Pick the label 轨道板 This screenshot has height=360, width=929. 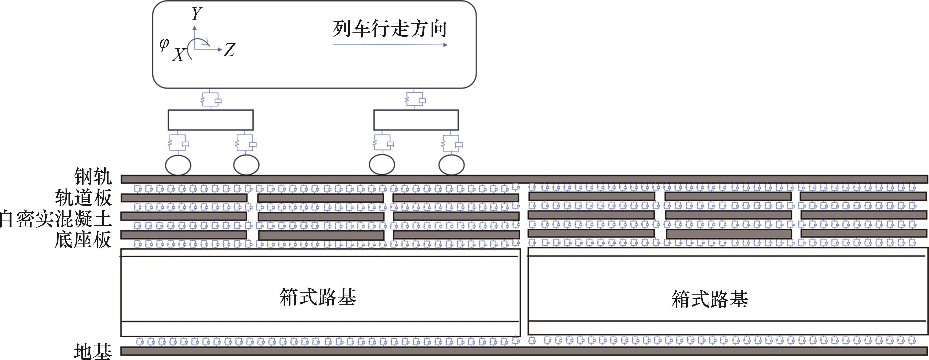pyautogui.click(x=83, y=197)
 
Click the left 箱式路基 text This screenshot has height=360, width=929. pyautogui.click(x=318, y=297)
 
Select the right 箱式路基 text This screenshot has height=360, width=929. pyautogui.click(x=710, y=299)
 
